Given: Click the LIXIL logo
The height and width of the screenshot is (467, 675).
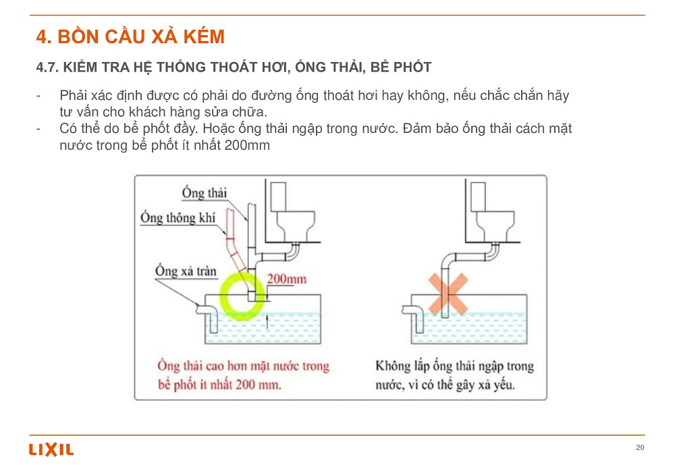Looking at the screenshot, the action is (x=51, y=449).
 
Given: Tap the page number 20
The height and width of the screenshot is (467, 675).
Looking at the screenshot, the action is (x=640, y=447).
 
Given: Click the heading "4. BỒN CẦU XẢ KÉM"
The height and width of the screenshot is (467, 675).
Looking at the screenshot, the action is (x=130, y=36).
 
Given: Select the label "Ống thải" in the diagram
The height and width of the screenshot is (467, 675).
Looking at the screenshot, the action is (x=204, y=192).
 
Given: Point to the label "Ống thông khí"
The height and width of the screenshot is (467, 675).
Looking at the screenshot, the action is (x=178, y=217).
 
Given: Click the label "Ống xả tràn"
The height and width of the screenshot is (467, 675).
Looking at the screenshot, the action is (x=186, y=271).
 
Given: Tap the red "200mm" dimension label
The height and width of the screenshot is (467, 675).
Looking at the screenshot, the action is (x=287, y=279).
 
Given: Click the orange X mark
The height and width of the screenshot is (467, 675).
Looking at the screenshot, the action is (x=448, y=294).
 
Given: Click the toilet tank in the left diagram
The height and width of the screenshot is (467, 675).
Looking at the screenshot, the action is (x=278, y=196).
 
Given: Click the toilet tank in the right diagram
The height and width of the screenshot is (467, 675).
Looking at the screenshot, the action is (x=478, y=196).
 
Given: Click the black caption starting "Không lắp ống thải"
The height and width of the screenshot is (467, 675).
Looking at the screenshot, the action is (x=454, y=375).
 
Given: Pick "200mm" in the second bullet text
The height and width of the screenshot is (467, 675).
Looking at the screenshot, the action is (x=247, y=145).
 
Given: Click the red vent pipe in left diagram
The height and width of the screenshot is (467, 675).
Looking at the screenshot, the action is (x=238, y=258).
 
